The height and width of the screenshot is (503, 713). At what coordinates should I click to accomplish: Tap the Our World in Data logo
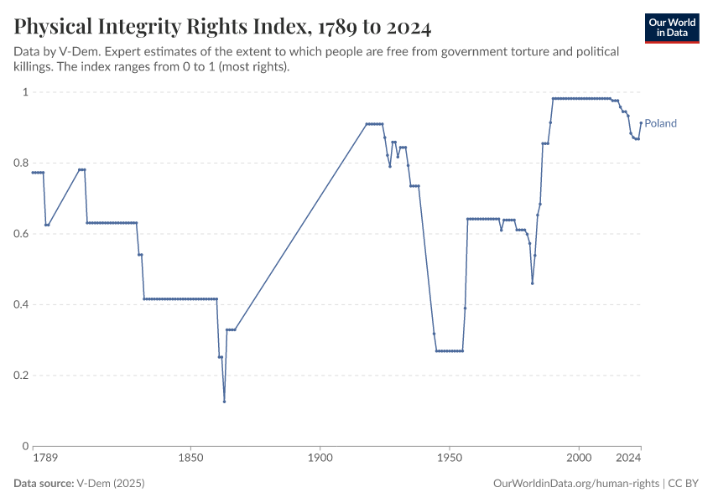pos(672,28)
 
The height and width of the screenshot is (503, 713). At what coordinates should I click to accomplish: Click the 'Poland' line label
pos(660,123)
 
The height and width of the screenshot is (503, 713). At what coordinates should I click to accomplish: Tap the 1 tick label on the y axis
pos(25,92)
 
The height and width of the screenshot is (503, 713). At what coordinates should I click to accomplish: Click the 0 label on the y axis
pos(25,446)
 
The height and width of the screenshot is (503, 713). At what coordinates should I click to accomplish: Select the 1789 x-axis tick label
pos(44,459)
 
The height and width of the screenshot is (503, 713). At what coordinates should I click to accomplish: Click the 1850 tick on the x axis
pos(190,459)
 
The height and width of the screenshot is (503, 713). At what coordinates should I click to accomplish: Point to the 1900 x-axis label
pos(320,459)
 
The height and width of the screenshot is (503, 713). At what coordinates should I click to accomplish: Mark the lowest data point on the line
pos(224,402)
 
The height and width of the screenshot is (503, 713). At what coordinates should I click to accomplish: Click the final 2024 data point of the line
pos(641,122)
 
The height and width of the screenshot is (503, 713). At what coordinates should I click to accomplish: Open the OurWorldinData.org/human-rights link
pos(575,484)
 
